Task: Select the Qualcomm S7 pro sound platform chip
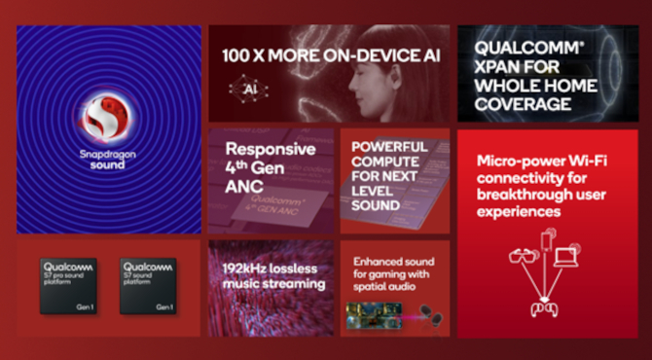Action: tap(68, 285)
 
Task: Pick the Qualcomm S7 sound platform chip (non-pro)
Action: tap(148, 285)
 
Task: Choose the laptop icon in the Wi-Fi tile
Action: tap(567, 258)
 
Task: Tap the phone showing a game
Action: tap(376, 314)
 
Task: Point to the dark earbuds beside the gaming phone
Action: tap(427, 314)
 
